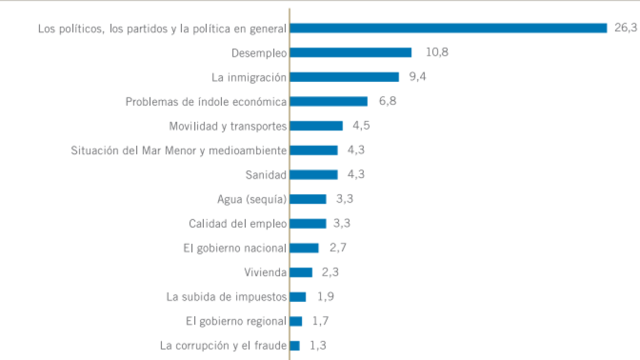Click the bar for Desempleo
tap(351, 52)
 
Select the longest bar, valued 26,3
tap(448, 28)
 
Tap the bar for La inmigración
tap(344, 77)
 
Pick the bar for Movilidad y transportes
tap(316, 126)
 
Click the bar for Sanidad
tap(314, 174)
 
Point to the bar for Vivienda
tap(301, 272)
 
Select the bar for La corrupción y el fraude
tap(295, 346)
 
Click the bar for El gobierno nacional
tap(304, 248)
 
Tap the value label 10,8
tap(437, 52)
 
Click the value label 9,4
tap(417, 77)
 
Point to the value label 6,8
tap(387, 101)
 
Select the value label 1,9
tap(325, 297)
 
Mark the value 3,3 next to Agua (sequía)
tap(345, 199)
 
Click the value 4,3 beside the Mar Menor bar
tap(356, 150)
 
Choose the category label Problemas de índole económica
tap(206, 102)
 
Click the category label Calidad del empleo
tap(237, 224)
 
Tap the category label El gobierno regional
tap(236, 321)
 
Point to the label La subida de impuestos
tap(226, 297)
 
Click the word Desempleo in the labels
tap(259, 53)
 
